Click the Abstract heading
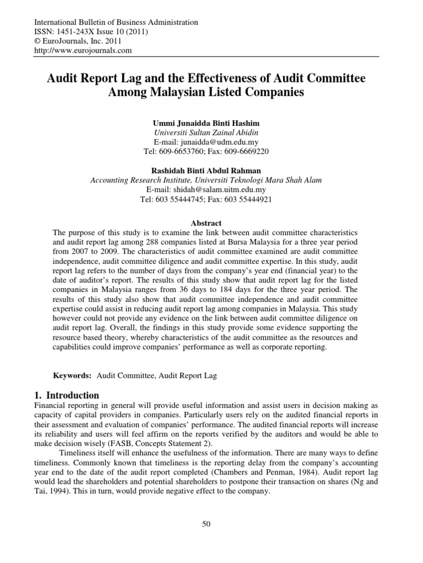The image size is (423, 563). [x=206, y=223]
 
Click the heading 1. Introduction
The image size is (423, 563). [x=67, y=395]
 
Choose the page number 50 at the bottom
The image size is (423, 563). [x=206, y=525]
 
